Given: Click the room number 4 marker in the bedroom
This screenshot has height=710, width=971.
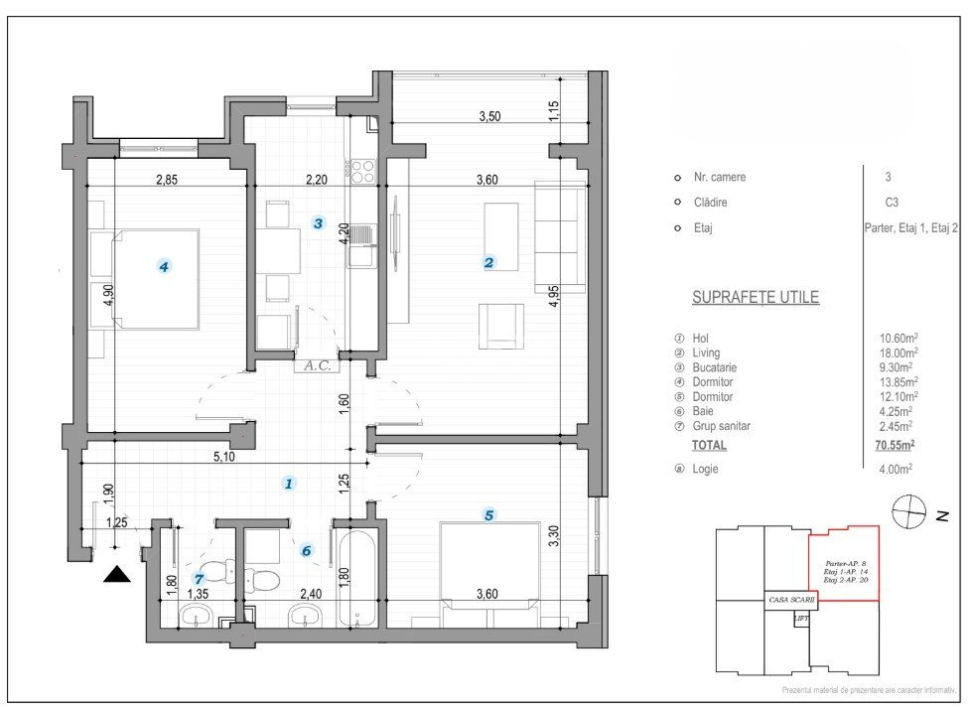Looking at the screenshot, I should tap(164, 265).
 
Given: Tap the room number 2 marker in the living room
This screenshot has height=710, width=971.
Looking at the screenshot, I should tap(488, 263).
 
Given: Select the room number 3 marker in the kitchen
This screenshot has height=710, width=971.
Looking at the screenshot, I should tap(318, 222).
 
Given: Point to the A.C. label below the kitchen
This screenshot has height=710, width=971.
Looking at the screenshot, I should tap(318, 364).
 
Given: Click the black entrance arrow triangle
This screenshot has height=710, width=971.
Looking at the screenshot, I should tap(117, 575).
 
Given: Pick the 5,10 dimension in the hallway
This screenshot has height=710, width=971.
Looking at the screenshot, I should tap(222, 459).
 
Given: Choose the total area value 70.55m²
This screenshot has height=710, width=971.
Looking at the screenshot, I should tap(895, 446).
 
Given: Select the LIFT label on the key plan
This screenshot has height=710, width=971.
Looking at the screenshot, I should tap(800, 618).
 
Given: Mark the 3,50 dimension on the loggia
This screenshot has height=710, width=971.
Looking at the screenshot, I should tap(489, 116).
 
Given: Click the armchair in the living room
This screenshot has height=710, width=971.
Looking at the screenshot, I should tap(501, 327).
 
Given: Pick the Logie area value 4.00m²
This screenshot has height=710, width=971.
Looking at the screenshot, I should tap(896, 469).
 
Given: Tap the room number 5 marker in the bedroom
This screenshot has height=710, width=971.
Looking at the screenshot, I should tap(488, 514).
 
